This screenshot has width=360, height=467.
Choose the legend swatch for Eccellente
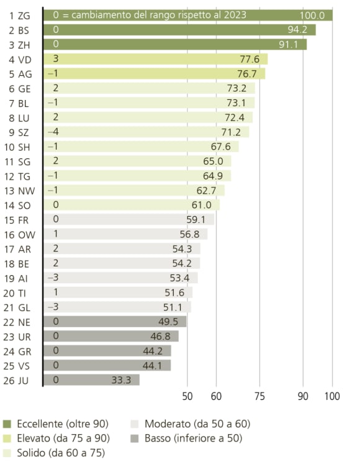(7, 424)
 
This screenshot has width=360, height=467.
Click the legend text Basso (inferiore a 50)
(193, 438)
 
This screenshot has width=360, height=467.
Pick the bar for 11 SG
(137, 161)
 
